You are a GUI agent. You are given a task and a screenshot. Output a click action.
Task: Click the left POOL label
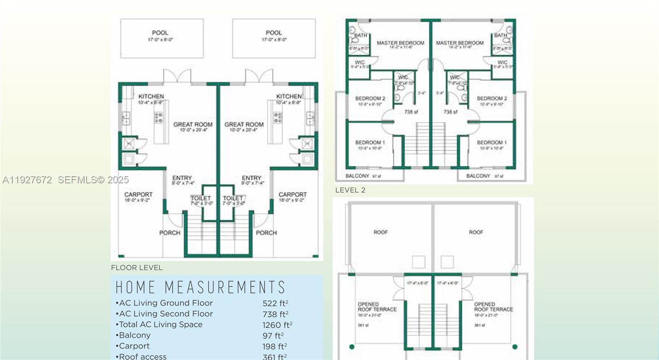(160, 33)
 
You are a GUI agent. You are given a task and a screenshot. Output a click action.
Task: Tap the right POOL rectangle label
(274, 33)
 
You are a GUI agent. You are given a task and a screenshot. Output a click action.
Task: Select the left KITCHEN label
(151, 96)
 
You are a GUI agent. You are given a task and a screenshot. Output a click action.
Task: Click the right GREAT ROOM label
(244, 124)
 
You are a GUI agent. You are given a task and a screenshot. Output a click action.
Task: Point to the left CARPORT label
(138, 194)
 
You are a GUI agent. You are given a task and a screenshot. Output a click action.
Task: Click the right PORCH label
(266, 233)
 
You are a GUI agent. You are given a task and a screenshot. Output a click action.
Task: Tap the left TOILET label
(201, 198)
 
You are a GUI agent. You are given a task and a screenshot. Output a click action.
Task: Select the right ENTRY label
(252, 178)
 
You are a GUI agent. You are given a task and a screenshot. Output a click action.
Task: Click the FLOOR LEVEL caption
(137, 268)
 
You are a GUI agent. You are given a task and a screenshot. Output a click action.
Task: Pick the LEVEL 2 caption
(350, 190)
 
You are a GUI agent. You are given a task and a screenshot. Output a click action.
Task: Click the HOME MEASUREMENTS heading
(200, 288)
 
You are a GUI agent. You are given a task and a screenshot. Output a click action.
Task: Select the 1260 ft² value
(277, 325)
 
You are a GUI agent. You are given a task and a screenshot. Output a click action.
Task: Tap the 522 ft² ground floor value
(275, 303)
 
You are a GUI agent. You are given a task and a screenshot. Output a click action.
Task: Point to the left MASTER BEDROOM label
(400, 43)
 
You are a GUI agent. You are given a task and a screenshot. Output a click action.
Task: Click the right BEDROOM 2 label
(492, 98)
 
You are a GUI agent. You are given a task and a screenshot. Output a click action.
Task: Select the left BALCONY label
(357, 176)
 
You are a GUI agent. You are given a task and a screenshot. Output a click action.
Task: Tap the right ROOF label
(476, 232)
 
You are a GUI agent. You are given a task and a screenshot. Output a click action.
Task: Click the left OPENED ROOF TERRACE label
(377, 307)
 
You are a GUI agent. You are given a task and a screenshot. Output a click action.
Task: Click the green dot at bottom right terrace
(515, 347)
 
